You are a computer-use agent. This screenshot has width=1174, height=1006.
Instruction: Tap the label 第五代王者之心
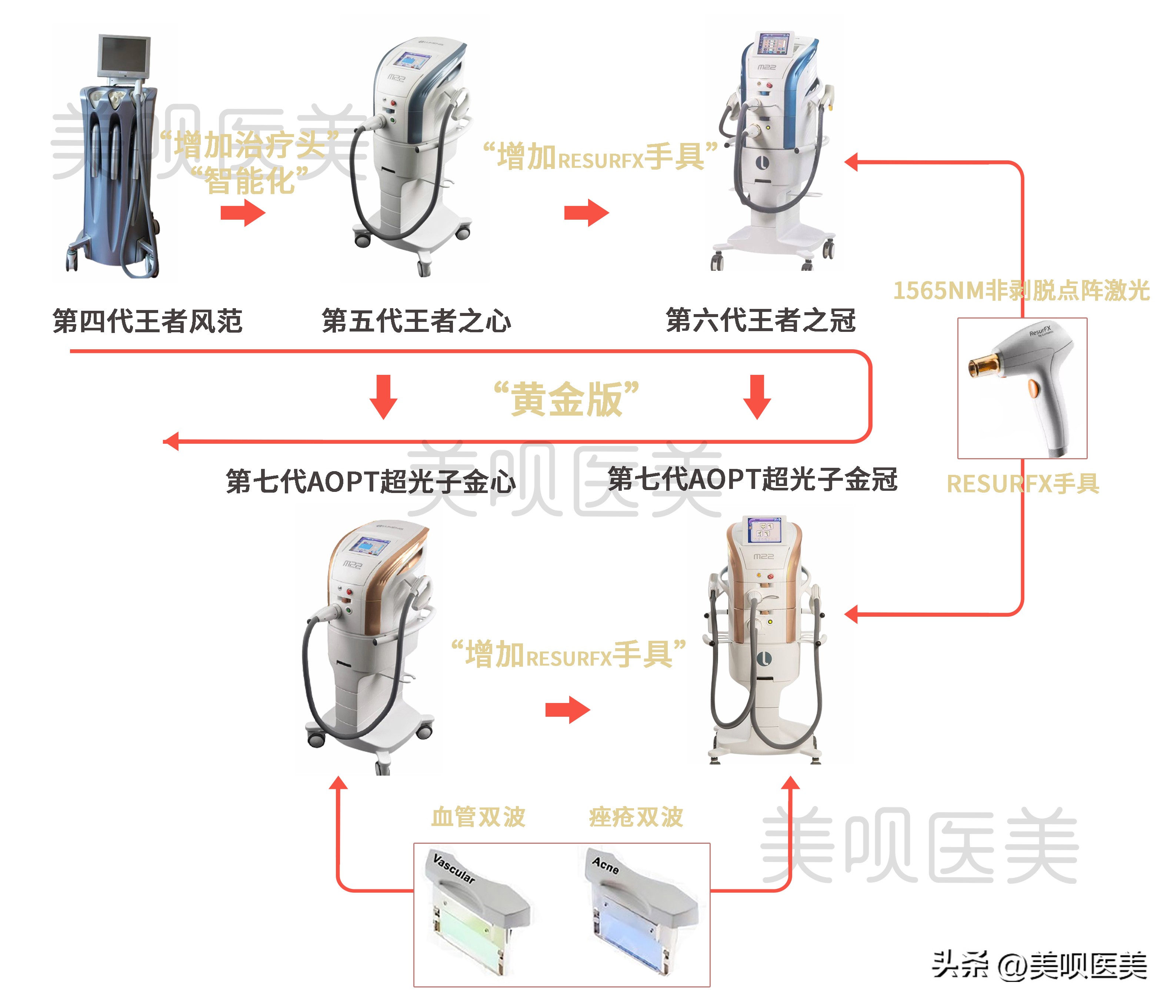pos(416,321)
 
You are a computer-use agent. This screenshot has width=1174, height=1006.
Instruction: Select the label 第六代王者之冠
pos(760,320)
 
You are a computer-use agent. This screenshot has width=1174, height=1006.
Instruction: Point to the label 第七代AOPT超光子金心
pos(371,481)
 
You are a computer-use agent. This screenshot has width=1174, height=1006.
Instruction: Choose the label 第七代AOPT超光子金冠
pos(753,479)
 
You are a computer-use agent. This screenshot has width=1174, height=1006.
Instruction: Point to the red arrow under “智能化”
pos(243,213)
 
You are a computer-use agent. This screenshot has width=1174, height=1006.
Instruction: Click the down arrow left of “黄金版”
pos(384,396)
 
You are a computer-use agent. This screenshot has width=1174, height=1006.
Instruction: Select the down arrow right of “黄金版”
pos(757,396)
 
